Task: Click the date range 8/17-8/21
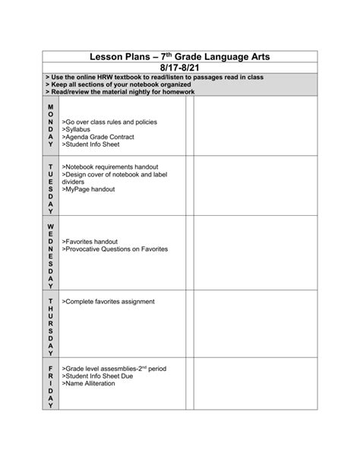pyautogui.click(x=179, y=68)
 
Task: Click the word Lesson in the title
pyautogui.click(x=109, y=56)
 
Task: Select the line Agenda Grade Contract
pyautogui.click(x=101, y=137)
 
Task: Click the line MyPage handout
pyautogui.click(x=90, y=189)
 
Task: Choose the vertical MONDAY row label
pyautogui.click(x=51, y=125)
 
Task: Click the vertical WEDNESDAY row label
pyautogui.click(x=51, y=256)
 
